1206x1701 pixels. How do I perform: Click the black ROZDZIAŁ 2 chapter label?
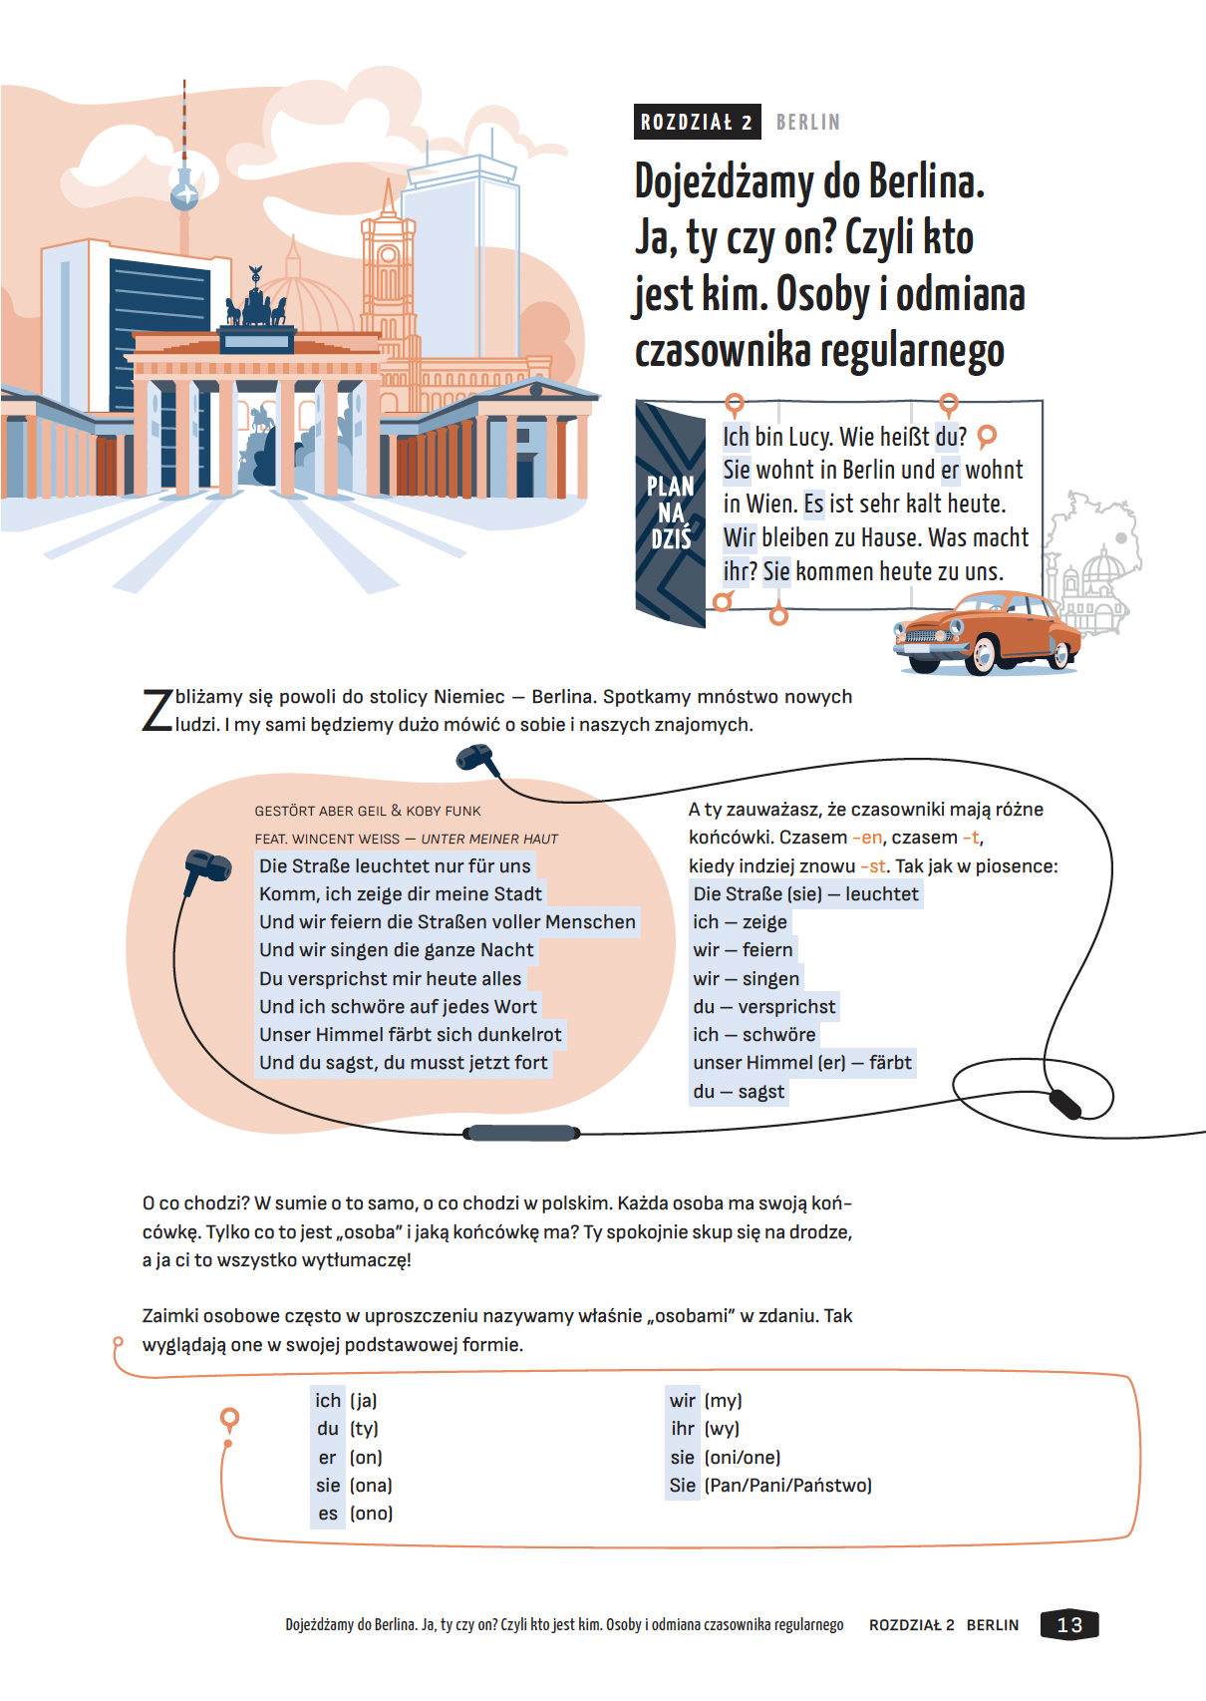pos(697,122)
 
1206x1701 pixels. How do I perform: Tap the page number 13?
pos(1069,1624)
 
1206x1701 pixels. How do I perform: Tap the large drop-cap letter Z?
pos(157,710)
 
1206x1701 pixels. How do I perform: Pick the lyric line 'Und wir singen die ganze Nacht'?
pos(397,950)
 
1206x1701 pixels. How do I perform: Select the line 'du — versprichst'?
pos(764,1007)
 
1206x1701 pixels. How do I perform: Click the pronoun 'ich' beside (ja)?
pos(328,1401)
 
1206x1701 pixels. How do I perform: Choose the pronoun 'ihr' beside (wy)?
pos(683,1429)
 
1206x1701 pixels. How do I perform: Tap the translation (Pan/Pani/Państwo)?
pos(787,1486)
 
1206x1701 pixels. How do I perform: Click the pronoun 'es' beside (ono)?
pos(328,1514)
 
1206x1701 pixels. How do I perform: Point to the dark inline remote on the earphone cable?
pos(521,1133)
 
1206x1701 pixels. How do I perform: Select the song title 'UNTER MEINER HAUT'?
pos(489,839)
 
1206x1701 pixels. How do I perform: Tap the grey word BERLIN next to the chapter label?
pos(807,122)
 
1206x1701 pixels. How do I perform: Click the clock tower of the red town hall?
pos(388,269)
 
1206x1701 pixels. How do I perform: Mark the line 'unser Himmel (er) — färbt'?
pos(802,1063)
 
